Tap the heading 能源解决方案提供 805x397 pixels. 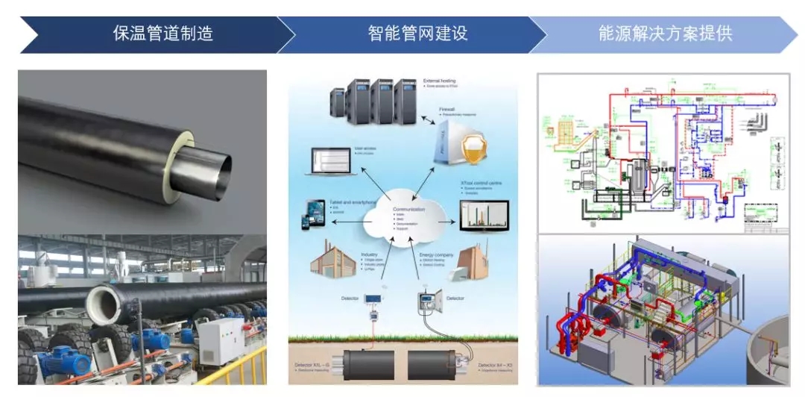point(665,34)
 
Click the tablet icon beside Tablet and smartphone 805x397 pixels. point(314,213)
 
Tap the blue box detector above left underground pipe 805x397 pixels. point(373,302)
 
